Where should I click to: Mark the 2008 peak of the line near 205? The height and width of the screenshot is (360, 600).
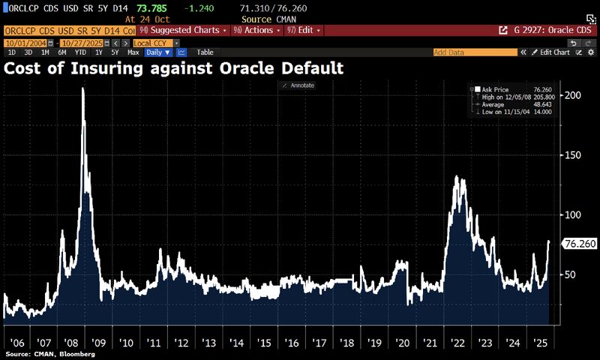point(82,88)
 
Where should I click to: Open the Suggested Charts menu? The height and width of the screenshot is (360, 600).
point(190,30)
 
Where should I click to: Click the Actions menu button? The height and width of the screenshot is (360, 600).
point(256,30)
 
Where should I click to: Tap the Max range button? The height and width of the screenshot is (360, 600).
point(133,52)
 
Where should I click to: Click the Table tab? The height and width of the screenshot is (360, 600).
point(204,52)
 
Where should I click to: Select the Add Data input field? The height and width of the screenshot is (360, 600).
point(475,52)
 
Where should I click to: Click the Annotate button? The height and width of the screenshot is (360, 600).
point(298,85)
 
